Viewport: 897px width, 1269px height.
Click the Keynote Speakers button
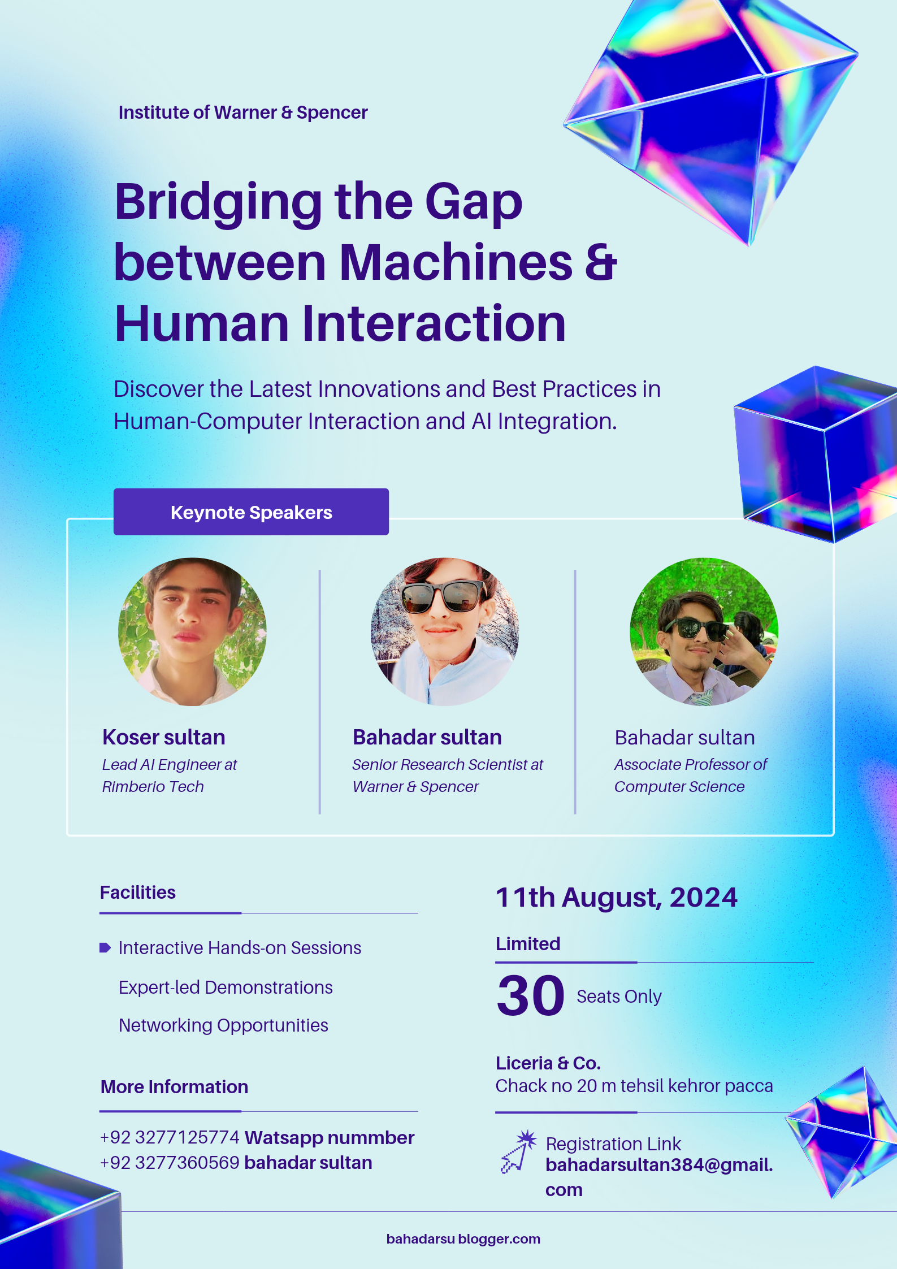(251, 512)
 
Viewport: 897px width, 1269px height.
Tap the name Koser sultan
(164, 737)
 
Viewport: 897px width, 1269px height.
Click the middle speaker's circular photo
(445, 631)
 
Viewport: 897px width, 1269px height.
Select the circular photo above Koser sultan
(192, 631)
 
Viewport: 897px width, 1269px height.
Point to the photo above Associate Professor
(704, 631)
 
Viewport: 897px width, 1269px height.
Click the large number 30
(530, 995)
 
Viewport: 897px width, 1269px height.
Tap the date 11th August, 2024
(617, 897)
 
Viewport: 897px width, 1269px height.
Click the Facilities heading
(138, 892)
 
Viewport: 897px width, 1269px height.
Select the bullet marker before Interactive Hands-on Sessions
(105, 947)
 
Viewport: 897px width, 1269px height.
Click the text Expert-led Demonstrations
(226, 987)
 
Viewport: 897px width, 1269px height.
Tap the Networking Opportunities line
(223, 1025)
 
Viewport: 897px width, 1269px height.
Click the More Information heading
(174, 1086)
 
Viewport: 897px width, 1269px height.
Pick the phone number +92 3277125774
(170, 1137)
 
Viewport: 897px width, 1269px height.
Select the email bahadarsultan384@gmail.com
(659, 1176)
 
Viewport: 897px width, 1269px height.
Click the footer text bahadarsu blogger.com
(463, 1239)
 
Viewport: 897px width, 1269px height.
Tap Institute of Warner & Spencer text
(243, 112)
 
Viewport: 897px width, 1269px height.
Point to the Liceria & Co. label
(548, 1063)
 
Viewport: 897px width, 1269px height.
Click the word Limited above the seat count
(528, 943)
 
